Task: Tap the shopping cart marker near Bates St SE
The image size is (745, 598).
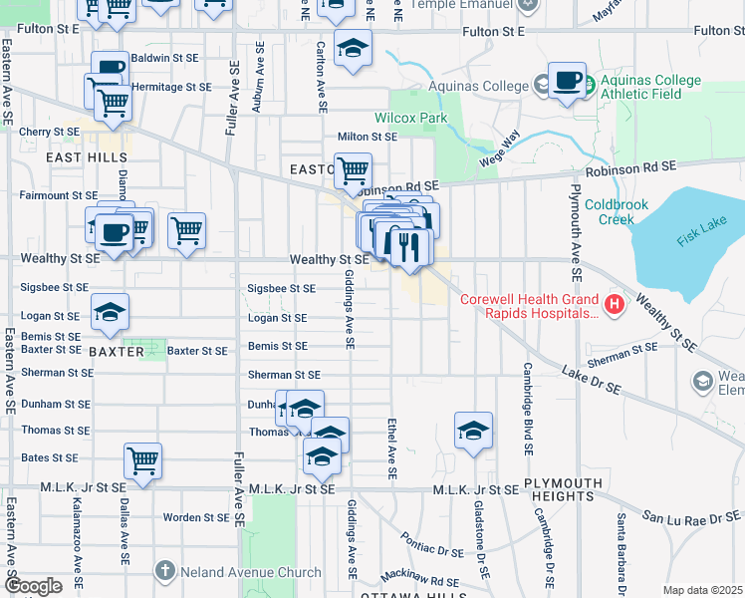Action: point(143,461)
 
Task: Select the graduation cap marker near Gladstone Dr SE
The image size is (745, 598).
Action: point(474,431)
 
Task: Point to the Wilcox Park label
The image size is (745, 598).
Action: point(410,119)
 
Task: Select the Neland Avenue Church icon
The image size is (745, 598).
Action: point(166,572)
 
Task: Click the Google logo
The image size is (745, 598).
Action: point(33,586)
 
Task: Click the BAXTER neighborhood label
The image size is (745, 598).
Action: point(116,352)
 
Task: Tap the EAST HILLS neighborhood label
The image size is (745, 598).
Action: point(87,157)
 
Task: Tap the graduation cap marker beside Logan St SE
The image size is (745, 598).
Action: point(110,313)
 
